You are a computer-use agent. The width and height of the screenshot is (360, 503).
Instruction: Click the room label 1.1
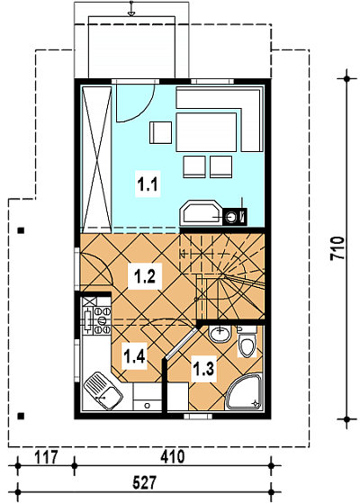(148, 185)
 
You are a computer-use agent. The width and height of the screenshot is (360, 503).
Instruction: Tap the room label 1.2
(145, 276)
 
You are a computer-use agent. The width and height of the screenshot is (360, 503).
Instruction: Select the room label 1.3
(203, 368)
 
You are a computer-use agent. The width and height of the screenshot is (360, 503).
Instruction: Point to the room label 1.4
(135, 356)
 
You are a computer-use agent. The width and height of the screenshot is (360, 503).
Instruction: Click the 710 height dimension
(337, 248)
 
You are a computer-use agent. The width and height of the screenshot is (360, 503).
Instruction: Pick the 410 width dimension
(173, 456)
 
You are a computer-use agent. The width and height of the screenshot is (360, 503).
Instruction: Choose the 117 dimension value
(46, 457)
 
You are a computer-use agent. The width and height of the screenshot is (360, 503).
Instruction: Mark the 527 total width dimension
(144, 482)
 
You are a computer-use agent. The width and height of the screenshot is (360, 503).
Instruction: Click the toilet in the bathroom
(247, 342)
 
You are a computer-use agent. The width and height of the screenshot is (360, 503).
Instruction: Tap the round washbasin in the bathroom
(220, 334)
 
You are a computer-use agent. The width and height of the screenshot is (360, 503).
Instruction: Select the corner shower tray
(245, 391)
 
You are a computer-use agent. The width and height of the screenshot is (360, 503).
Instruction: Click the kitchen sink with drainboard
(103, 391)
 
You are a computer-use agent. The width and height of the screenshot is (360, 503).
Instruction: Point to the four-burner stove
(97, 320)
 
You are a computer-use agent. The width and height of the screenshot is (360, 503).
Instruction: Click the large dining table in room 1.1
(206, 132)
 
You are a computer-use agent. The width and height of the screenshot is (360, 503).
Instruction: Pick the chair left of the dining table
(160, 133)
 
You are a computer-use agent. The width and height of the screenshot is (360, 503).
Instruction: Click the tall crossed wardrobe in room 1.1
(97, 159)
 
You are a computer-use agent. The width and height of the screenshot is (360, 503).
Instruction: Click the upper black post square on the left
(22, 230)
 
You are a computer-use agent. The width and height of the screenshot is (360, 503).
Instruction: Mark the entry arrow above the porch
(130, 8)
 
